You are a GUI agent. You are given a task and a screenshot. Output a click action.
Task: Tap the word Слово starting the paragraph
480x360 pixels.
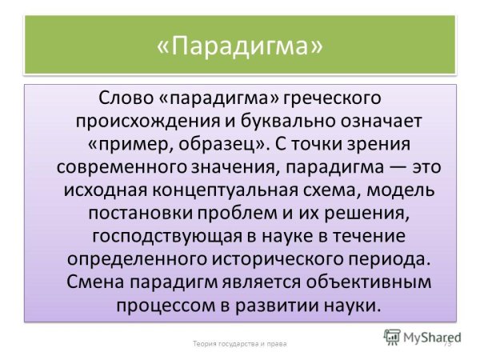click(122, 99)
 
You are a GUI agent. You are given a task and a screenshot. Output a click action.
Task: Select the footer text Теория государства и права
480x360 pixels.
click(239, 343)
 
